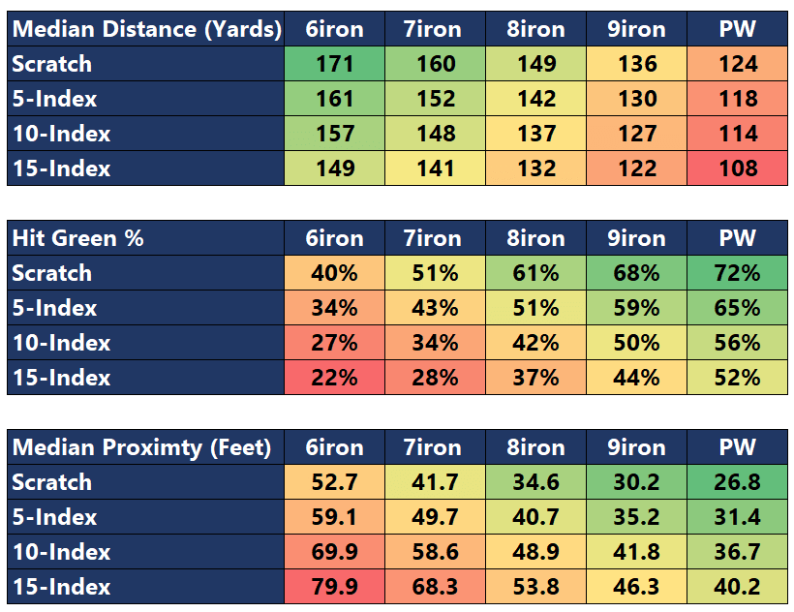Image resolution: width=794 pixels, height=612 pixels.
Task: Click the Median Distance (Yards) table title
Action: pyautogui.click(x=145, y=29)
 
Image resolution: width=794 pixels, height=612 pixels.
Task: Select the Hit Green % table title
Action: pyautogui.click(x=77, y=238)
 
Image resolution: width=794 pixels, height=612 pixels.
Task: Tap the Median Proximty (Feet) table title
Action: pyautogui.click(x=141, y=447)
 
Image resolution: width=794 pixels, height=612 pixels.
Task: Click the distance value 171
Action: pyautogui.click(x=334, y=64)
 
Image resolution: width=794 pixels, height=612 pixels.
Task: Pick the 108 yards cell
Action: pyautogui.click(x=738, y=168)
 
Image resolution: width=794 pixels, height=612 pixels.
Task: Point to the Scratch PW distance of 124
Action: pyautogui.click(x=738, y=64)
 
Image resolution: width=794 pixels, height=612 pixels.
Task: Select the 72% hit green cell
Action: pyautogui.click(x=738, y=273)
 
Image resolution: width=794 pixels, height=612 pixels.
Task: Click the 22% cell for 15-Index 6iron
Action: pyautogui.click(x=334, y=378)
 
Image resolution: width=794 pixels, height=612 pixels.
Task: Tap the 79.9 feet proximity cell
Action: pyautogui.click(x=334, y=587)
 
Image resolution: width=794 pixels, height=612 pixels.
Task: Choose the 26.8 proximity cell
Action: pyautogui.click(x=738, y=482)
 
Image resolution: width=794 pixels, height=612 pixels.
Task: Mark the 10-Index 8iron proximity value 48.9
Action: pyautogui.click(x=535, y=552)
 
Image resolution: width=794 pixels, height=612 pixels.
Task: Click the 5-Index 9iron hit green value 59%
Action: pyautogui.click(x=637, y=308)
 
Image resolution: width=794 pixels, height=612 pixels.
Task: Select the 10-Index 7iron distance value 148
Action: pyautogui.click(x=435, y=134)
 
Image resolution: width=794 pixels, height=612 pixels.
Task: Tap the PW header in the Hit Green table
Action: pyautogui.click(x=738, y=238)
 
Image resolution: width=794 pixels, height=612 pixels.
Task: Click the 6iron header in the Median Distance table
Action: pyautogui.click(x=334, y=29)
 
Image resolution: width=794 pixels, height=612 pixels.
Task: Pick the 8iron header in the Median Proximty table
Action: pyautogui.click(x=535, y=447)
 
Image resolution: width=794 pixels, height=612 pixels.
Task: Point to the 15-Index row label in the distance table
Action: pyautogui.click(x=61, y=168)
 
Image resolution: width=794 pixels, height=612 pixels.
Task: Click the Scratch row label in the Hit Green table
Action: pyautogui.click(x=52, y=273)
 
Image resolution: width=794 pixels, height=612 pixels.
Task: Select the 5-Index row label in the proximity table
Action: pyautogui.click(x=55, y=517)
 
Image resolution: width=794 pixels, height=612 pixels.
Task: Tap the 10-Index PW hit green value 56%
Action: pyautogui.click(x=738, y=343)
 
